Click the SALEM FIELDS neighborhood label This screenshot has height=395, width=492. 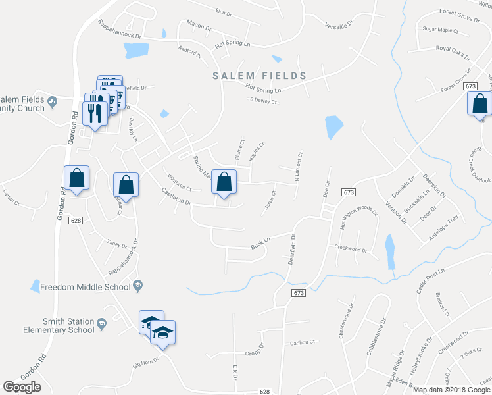tap(260, 76)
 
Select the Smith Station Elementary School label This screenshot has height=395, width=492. tap(59, 326)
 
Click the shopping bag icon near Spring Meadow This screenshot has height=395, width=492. tap(224, 182)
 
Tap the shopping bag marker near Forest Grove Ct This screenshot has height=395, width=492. tap(480, 103)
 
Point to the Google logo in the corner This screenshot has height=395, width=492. tap(22, 387)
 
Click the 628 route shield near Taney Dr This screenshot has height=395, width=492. tap(75, 221)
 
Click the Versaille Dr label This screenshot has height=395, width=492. tap(339, 24)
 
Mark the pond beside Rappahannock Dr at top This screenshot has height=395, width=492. tap(136, 50)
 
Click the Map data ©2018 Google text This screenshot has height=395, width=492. tap(451, 390)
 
